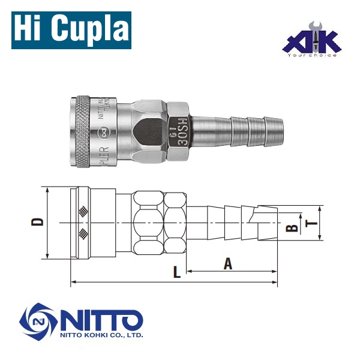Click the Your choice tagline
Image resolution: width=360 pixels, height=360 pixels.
(313, 55)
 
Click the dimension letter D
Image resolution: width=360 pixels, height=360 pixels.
(38, 222)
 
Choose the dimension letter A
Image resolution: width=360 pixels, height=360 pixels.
(228, 263)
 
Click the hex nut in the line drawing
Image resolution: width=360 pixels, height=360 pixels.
(159, 223)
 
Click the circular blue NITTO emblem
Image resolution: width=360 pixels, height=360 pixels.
(39, 325)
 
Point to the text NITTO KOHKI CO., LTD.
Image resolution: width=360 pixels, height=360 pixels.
(101, 336)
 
